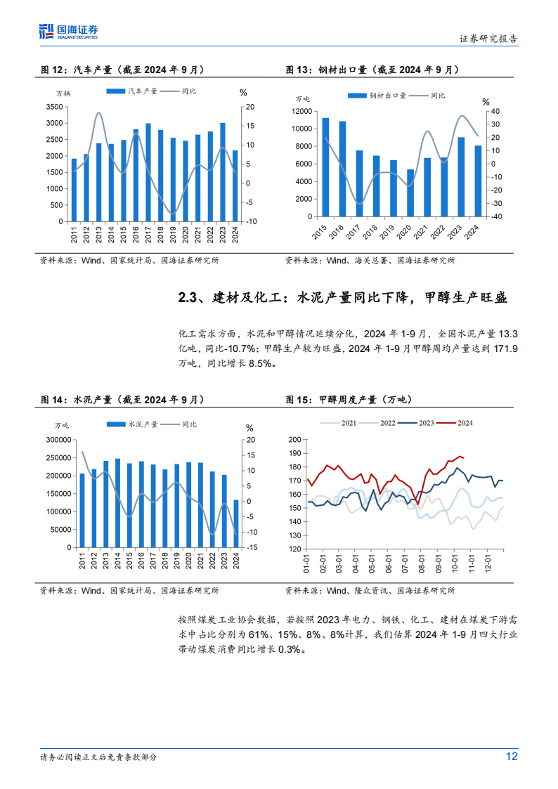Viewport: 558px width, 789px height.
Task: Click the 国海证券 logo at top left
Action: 68,30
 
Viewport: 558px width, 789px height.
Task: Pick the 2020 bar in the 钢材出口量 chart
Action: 410,193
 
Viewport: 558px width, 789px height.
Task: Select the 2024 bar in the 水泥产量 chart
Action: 235,523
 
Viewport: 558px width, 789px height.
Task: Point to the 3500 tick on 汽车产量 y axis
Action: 53,107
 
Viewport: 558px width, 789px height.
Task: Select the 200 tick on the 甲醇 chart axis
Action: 295,440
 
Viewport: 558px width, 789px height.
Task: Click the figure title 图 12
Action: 53,70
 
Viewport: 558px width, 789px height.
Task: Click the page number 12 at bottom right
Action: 512,757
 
